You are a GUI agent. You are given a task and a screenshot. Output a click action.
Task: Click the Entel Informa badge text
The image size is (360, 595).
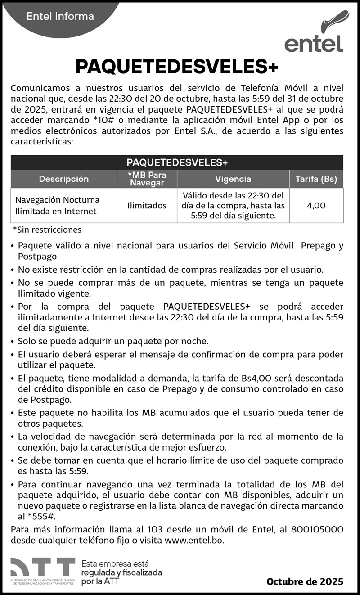point(60,17)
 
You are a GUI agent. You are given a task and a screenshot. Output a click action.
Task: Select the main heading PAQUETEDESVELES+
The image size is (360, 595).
point(177,67)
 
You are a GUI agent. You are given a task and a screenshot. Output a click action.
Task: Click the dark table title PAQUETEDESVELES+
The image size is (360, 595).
point(177,162)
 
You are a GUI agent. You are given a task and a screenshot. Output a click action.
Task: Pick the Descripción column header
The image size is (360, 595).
point(63,179)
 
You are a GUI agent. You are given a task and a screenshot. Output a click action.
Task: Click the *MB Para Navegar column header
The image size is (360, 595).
point(147,179)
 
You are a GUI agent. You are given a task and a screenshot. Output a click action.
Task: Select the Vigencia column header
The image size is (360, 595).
point(233,179)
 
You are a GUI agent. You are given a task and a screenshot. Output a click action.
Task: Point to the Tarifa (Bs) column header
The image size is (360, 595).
point(316,179)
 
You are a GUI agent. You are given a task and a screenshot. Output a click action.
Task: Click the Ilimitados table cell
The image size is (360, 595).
point(147,206)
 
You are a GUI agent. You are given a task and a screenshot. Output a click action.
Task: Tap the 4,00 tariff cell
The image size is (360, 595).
point(316,206)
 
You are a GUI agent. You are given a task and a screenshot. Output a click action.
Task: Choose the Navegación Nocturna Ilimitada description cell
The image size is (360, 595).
point(58,206)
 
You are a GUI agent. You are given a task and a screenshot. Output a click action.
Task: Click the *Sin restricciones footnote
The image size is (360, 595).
point(47,230)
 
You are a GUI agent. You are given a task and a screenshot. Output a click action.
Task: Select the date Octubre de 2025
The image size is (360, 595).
point(305,582)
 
